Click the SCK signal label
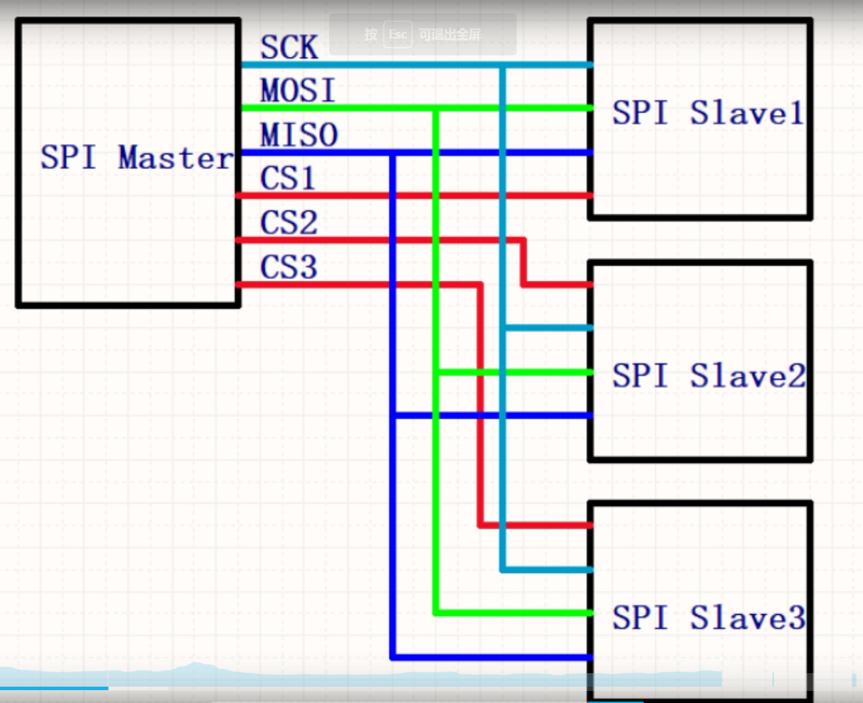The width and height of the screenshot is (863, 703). pos(289,48)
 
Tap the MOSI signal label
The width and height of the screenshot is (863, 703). pos(298,91)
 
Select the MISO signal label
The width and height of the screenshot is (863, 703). pos(299,135)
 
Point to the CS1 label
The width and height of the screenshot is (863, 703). pos(288,178)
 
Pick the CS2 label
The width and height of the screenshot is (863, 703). pos(289,223)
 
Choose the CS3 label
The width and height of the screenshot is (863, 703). pos(289,267)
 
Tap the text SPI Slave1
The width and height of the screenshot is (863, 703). pos(708,113)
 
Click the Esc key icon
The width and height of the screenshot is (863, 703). pos(397,34)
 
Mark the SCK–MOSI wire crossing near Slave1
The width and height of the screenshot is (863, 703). pos(503,108)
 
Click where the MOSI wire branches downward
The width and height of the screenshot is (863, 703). pos(436,109)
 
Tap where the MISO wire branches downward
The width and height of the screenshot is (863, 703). pos(392,153)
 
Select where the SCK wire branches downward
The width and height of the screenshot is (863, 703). pos(503,65)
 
